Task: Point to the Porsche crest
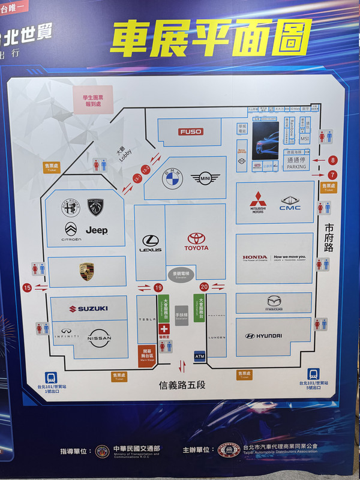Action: [87, 271]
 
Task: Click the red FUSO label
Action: [191, 131]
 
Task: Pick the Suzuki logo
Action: [88, 308]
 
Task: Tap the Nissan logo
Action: [100, 338]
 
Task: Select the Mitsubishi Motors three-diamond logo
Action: [258, 200]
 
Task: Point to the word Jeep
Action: [96, 230]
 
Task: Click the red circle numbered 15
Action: [27, 288]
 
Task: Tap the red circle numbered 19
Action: [158, 288]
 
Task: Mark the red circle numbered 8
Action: [332, 160]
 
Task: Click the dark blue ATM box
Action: [200, 355]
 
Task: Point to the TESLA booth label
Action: [146, 319]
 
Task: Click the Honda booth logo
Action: [255, 257]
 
